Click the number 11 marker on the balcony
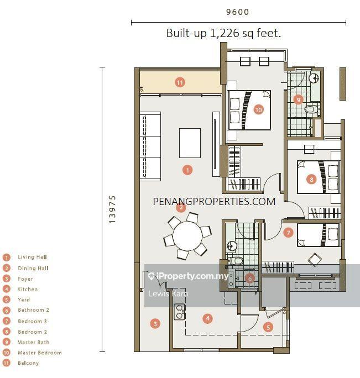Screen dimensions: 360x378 click(180, 82)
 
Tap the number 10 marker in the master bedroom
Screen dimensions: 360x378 click(258, 109)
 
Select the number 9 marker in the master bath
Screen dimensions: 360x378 click(298, 99)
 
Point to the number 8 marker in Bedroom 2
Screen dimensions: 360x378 click(311, 180)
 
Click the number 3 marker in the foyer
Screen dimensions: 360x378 click(155, 323)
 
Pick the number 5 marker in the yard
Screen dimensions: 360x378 click(268, 327)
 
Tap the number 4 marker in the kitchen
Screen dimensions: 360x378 click(208, 318)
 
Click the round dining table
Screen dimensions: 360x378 click(187, 235)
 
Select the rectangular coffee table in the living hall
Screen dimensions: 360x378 click(190, 143)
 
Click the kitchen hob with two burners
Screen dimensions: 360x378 click(180, 312)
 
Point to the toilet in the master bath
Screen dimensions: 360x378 click(310, 109)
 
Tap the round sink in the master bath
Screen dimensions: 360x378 click(314, 78)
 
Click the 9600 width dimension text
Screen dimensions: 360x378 click(237, 12)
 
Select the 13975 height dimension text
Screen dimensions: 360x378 click(112, 209)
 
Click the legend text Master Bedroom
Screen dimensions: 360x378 click(40, 353)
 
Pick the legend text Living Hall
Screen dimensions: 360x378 click(32, 257)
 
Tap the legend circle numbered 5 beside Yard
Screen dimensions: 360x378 click(7, 300)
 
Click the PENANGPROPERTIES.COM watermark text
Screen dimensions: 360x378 click(214, 202)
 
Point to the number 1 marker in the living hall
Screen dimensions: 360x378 click(187, 170)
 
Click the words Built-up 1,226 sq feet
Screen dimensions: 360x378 click(223, 33)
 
